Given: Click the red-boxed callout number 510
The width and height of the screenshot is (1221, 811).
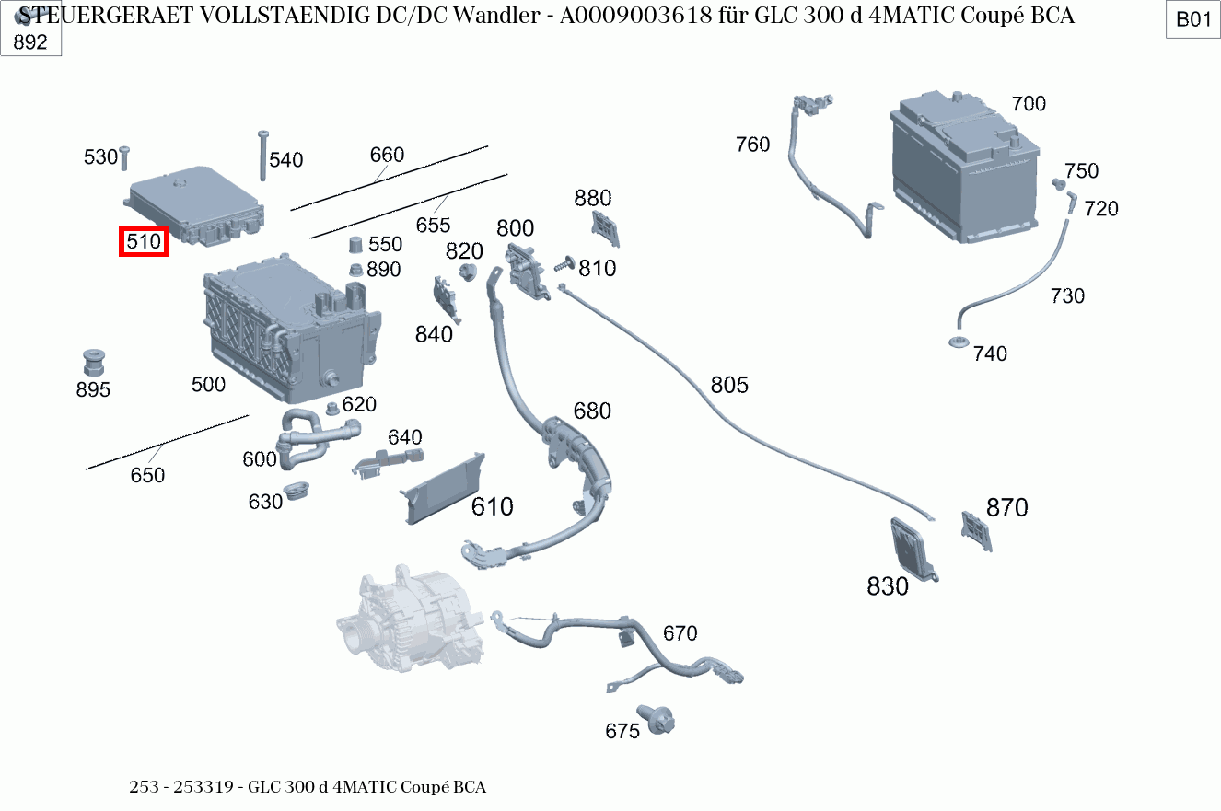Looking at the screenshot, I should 144,242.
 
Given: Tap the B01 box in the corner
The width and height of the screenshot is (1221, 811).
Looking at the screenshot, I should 1193,19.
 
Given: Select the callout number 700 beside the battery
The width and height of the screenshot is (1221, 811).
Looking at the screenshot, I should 1029,104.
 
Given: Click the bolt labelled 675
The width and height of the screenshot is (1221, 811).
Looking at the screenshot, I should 659,718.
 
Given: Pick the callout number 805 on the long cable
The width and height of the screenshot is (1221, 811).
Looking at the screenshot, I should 729,385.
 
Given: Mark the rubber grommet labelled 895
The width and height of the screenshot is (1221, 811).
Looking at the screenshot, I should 93,362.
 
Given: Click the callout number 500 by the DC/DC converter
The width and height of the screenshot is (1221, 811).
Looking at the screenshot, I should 208,385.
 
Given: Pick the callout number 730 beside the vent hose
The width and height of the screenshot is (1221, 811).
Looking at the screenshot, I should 1067,295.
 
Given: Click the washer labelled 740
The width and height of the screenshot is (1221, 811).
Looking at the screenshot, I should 958,344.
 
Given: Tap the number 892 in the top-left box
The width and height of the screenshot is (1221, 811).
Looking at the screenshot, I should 29,41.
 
